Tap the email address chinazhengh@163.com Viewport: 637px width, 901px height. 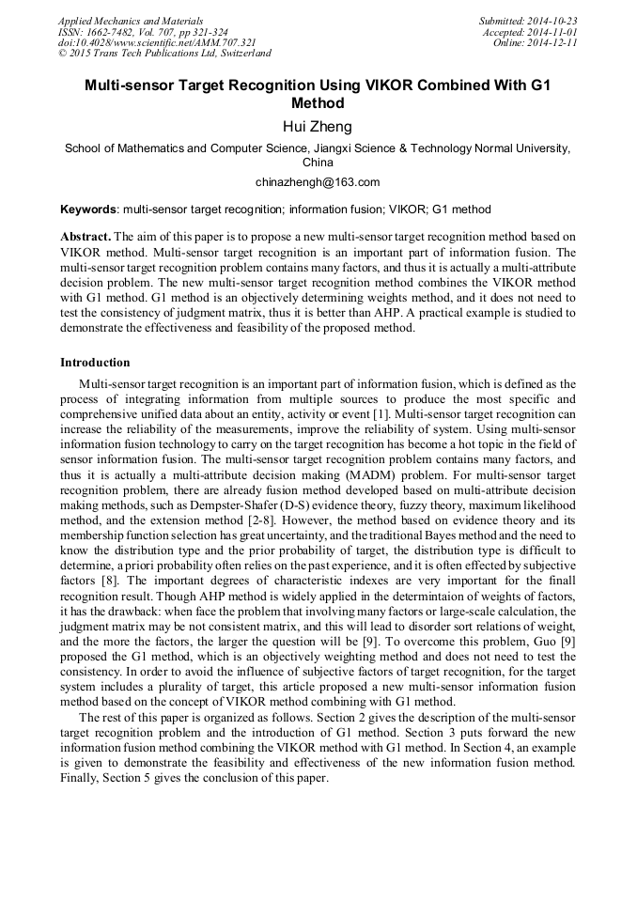pyautogui.click(x=318, y=182)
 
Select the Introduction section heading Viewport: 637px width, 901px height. pyautogui.click(x=95, y=363)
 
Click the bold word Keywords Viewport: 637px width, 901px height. pyautogui.click(x=88, y=210)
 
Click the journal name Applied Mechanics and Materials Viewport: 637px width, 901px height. pyautogui.click(x=131, y=21)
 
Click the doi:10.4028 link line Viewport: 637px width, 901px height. pyautogui.click(x=157, y=43)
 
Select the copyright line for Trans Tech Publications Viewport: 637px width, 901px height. pyautogui.click(x=164, y=54)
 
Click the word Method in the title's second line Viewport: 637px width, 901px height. pyautogui.click(x=318, y=103)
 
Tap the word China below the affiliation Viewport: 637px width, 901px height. pyautogui.click(x=318, y=162)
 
